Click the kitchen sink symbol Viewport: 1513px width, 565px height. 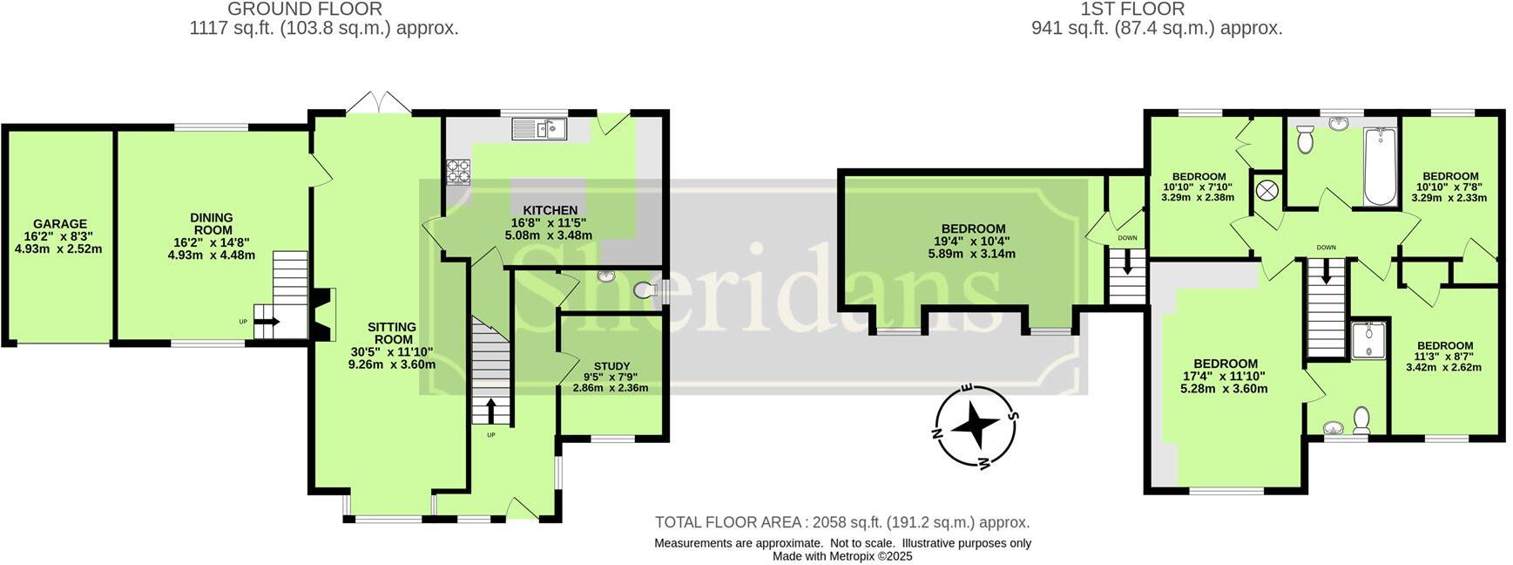539,130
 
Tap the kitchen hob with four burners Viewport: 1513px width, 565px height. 458,172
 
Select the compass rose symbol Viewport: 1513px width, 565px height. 975,425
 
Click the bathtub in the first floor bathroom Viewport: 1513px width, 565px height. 1380,167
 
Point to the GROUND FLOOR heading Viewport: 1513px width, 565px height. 305,10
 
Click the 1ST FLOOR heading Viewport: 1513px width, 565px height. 1132,10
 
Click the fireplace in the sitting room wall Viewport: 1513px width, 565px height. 324,316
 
